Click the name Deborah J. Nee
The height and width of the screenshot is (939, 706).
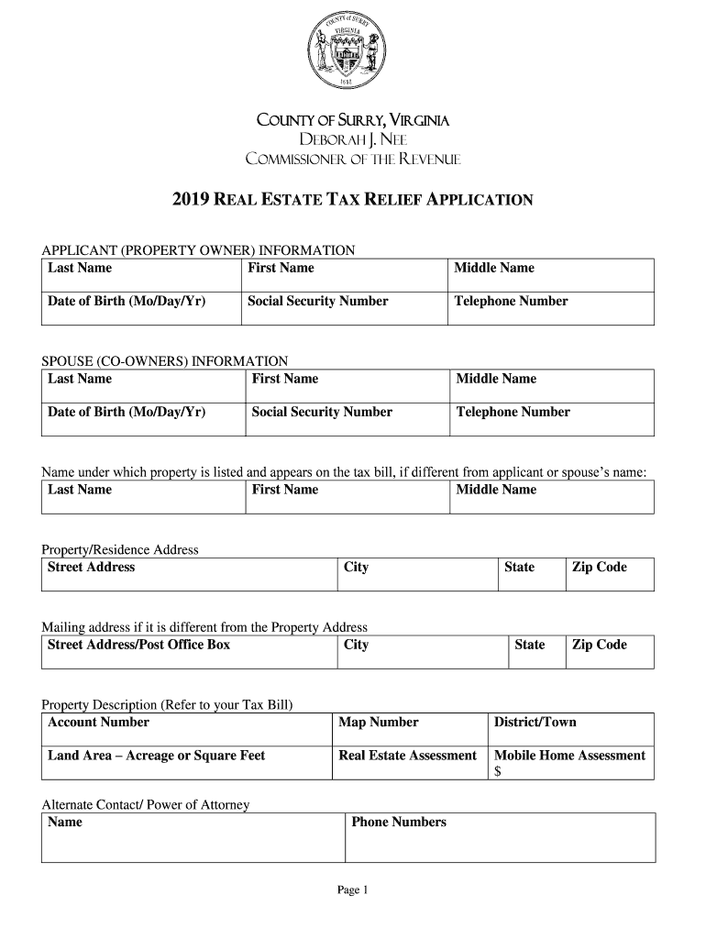pyautogui.click(x=352, y=139)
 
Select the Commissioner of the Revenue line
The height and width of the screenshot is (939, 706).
pyautogui.click(x=352, y=160)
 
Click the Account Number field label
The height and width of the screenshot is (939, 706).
pyautogui.click(x=98, y=723)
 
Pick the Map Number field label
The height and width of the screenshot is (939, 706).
pyautogui.click(x=379, y=723)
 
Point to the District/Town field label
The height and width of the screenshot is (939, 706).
pyautogui.click(x=535, y=723)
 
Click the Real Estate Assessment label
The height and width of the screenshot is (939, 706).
pyautogui.click(x=408, y=756)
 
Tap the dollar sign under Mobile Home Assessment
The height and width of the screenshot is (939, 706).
pyautogui.click(x=498, y=772)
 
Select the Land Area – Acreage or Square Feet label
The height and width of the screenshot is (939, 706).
pyautogui.click(x=156, y=756)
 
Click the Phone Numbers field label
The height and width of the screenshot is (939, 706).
pyautogui.click(x=399, y=823)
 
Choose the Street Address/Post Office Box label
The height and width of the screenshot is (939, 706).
pyautogui.click(x=138, y=645)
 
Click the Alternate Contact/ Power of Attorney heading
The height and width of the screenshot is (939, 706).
pyautogui.click(x=146, y=805)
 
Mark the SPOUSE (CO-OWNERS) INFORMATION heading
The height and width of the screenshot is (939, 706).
pyautogui.click(x=165, y=361)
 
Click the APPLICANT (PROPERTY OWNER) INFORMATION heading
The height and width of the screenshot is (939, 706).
pyautogui.click(x=198, y=250)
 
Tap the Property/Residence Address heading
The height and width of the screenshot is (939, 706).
pyautogui.click(x=120, y=550)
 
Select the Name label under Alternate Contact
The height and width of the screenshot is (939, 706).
pyautogui.click(x=65, y=823)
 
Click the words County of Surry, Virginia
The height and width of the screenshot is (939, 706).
pyautogui.click(x=352, y=120)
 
